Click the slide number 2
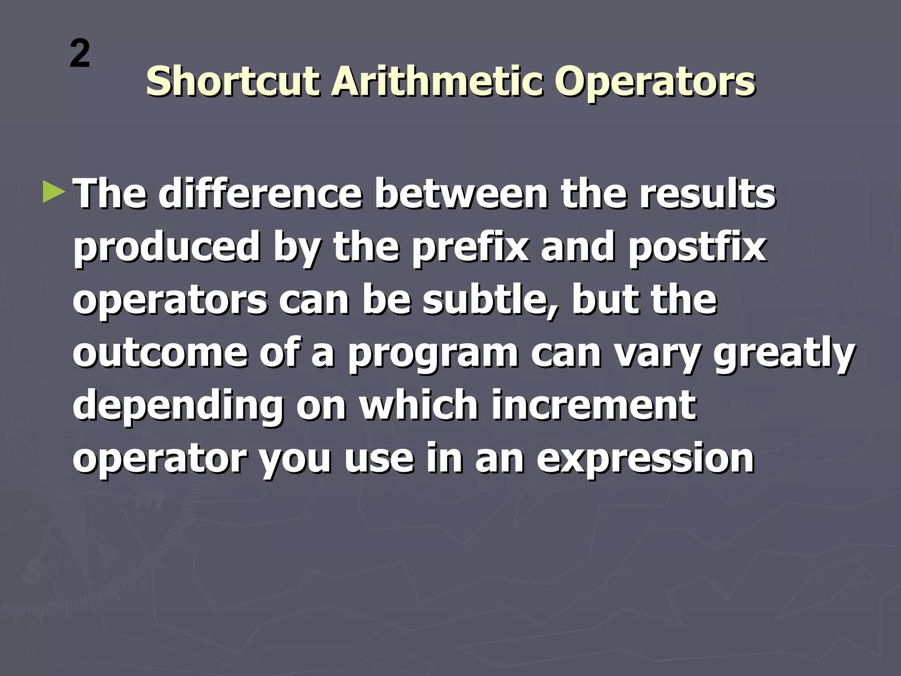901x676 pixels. pos(80,54)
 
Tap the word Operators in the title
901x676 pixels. pos(655,82)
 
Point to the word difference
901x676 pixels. pos(260,194)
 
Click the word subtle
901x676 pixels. pos(489,301)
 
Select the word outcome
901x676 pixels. pos(160,353)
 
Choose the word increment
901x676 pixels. pos(593,405)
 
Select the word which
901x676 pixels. pos(419,405)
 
